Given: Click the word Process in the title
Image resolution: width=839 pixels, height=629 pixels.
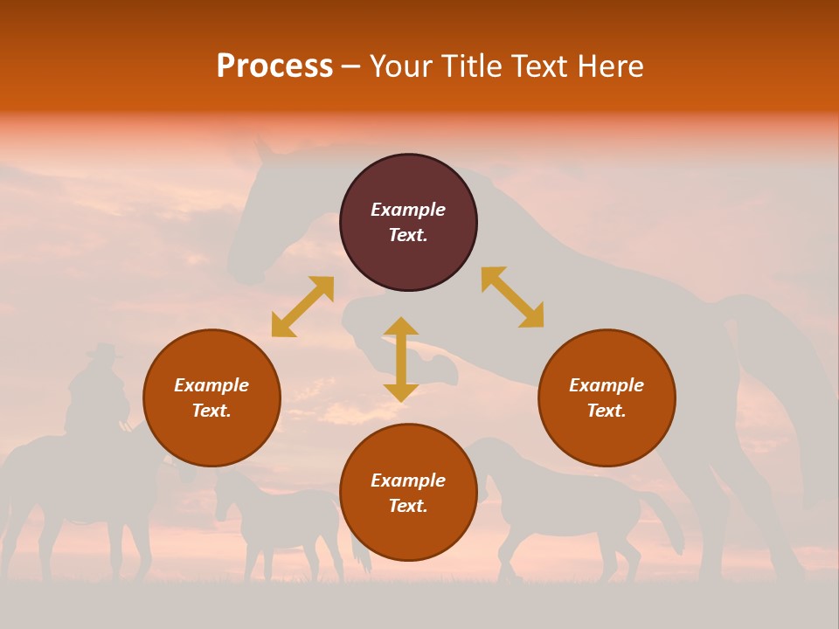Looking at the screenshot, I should click(274, 66).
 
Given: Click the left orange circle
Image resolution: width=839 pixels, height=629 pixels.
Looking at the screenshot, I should click(211, 397).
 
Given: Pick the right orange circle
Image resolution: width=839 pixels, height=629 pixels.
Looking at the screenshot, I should click(607, 397).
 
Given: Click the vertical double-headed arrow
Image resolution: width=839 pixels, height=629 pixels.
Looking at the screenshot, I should click(401, 359).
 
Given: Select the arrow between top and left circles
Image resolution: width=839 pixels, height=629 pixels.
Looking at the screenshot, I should click(302, 307).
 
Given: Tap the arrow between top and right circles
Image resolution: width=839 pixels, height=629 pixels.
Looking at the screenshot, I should click(512, 297).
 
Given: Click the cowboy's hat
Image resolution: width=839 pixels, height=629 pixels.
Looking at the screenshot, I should click(104, 351).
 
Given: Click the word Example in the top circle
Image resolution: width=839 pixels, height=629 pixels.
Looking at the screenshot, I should click(408, 210).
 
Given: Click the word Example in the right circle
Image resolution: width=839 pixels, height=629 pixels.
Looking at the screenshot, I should click(607, 385).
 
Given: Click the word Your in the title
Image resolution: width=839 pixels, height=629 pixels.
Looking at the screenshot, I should click(401, 66).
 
